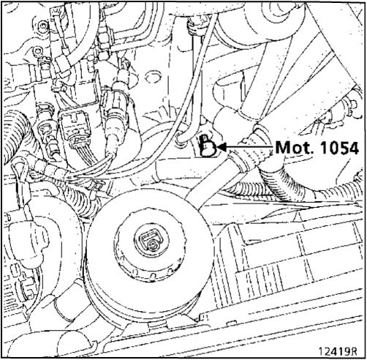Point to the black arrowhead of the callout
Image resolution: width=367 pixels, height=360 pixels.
coord(222,147)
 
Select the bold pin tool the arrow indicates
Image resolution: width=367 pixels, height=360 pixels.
coord(208,146)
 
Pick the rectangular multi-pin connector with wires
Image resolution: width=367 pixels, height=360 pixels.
coord(74,127)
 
